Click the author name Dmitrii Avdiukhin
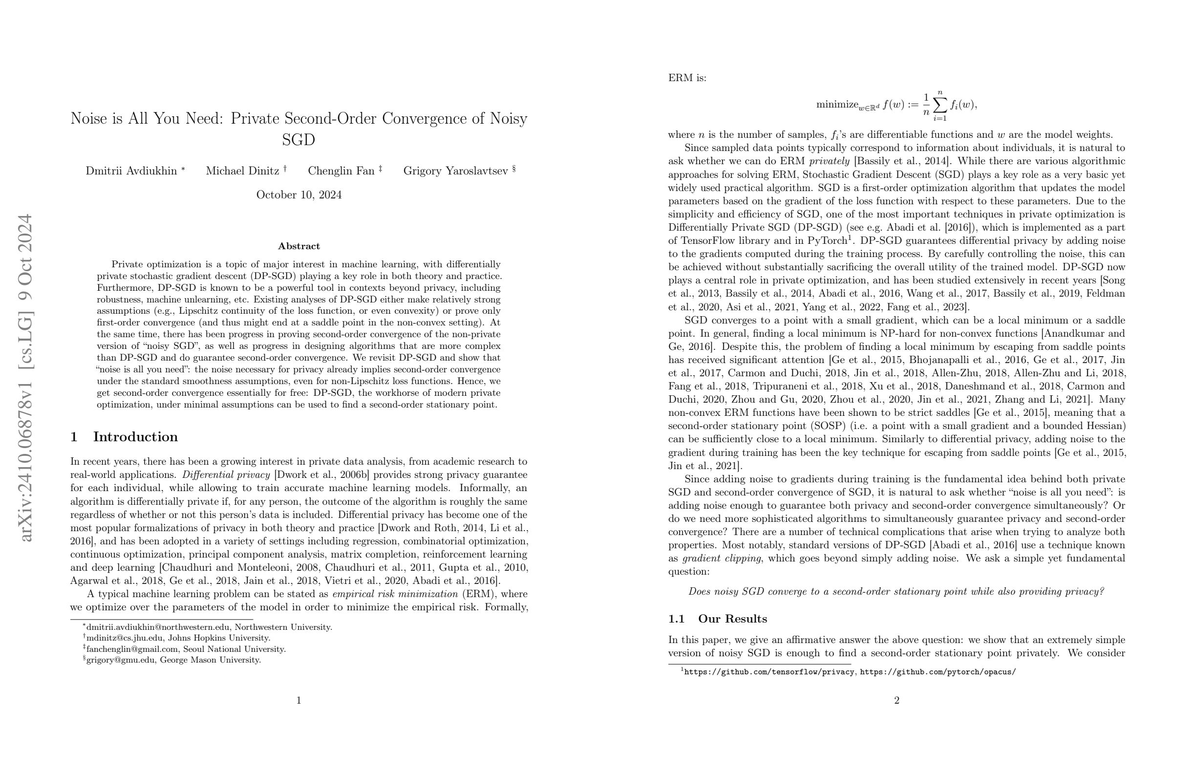click(x=131, y=171)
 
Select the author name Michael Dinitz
click(x=242, y=171)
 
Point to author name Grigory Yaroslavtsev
click(x=455, y=171)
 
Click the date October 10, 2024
click(x=299, y=195)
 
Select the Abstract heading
click(x=299, y=246)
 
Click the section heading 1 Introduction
click(x=124, y=437)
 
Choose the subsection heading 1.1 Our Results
click(x=717, y=619)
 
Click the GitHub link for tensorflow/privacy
click(x=770, y=672)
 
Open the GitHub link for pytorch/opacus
click(x=938, y=672)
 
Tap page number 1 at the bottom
click(x=299, y=701)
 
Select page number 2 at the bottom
click(x=897, y=701)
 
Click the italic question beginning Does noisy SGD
click(x=897, y=592)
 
